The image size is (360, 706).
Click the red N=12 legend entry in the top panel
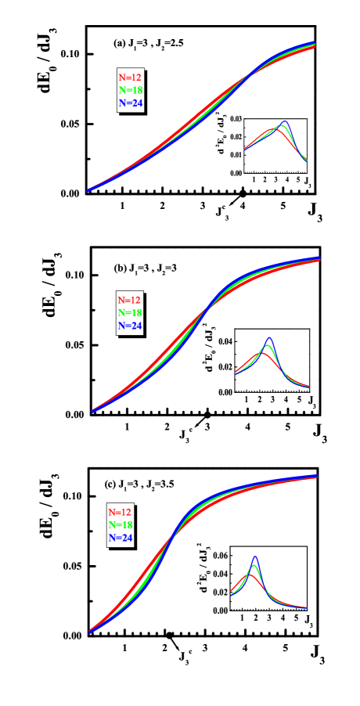130,77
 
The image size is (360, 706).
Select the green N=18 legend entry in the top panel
130,90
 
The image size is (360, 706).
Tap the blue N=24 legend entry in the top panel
130,103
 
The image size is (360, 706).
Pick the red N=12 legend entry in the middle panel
130,300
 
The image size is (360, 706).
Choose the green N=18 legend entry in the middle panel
130,312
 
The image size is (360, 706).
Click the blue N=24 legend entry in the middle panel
130,326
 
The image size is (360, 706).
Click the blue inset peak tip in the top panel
284,122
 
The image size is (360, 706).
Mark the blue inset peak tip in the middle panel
270,338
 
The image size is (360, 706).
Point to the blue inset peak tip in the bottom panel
255,557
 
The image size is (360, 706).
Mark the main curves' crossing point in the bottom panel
171,539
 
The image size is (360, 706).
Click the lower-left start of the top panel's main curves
88,190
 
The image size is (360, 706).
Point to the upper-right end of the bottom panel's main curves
316,476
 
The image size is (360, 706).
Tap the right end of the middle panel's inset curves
308,386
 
